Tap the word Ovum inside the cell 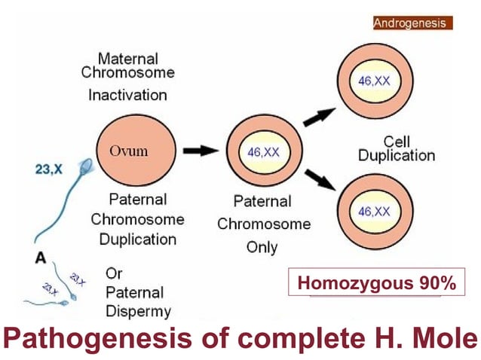[129, 151]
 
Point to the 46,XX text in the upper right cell [375, 81]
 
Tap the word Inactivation [127, 96]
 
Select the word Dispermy [138, 311]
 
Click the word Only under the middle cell [262, 246]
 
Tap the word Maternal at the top [127, 57]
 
